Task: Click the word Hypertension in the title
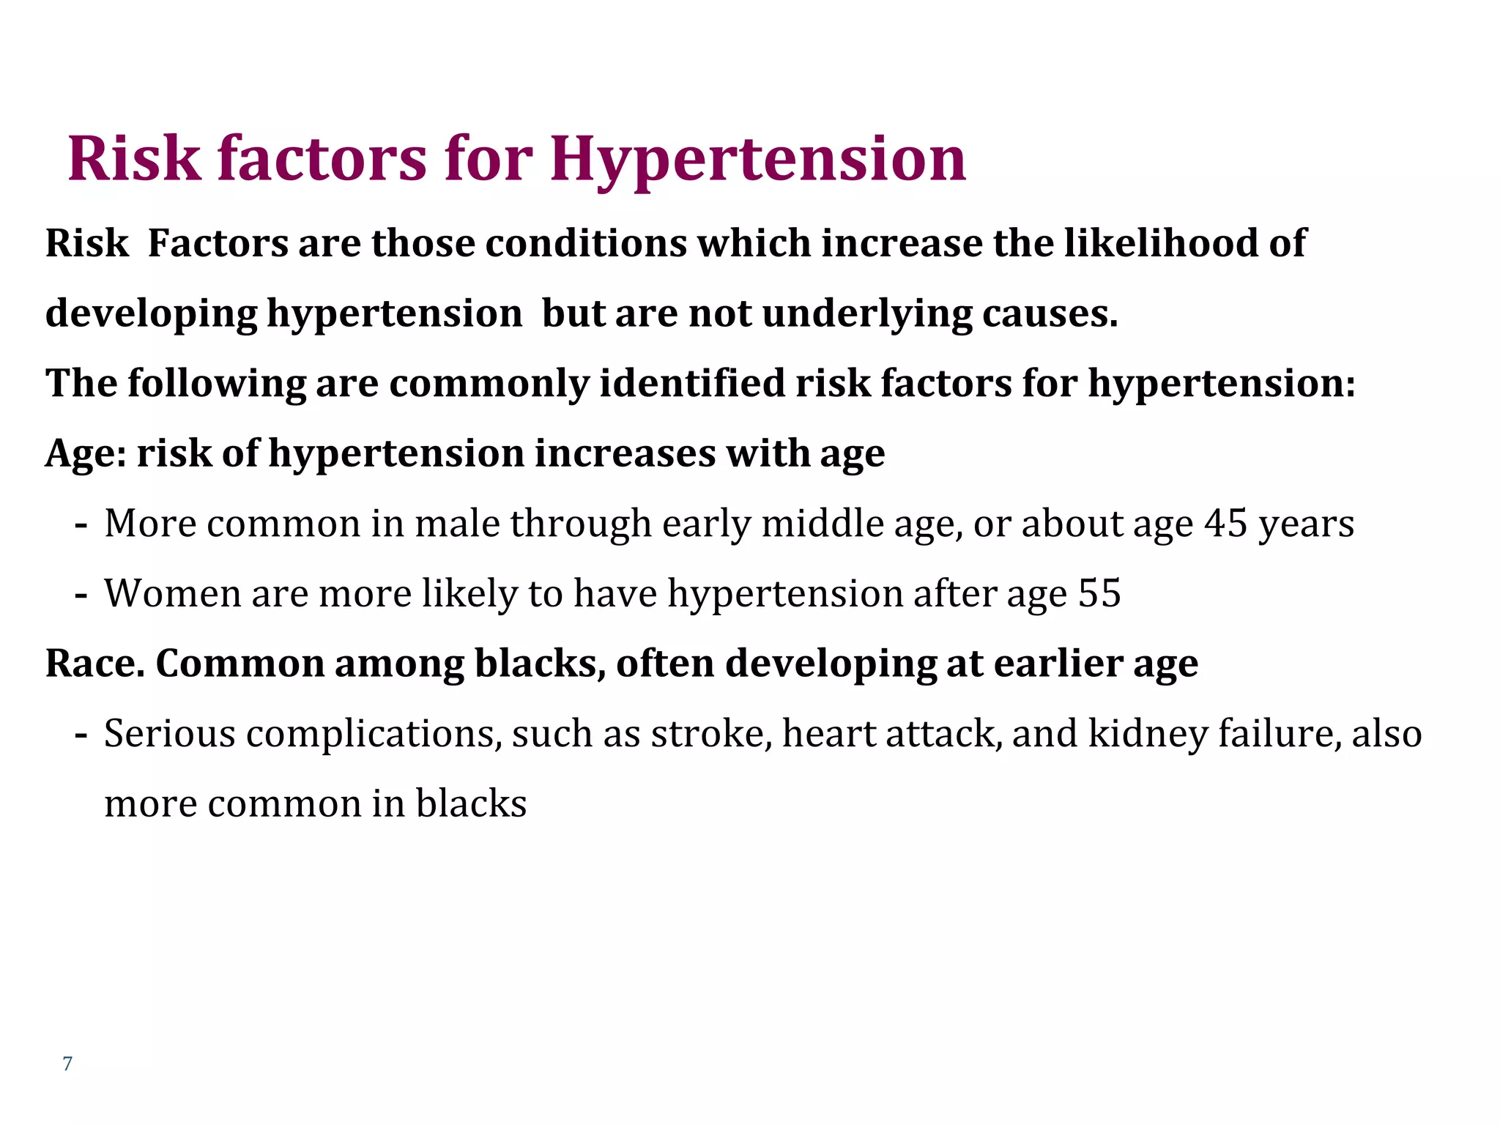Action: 758,160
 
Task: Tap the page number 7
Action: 67,1063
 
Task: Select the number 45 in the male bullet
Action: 1226,524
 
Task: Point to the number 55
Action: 1099,593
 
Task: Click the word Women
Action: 173,593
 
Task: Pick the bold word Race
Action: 94,664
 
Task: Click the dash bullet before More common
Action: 81,525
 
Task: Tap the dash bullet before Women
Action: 81,595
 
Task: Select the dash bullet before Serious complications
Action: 81,735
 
